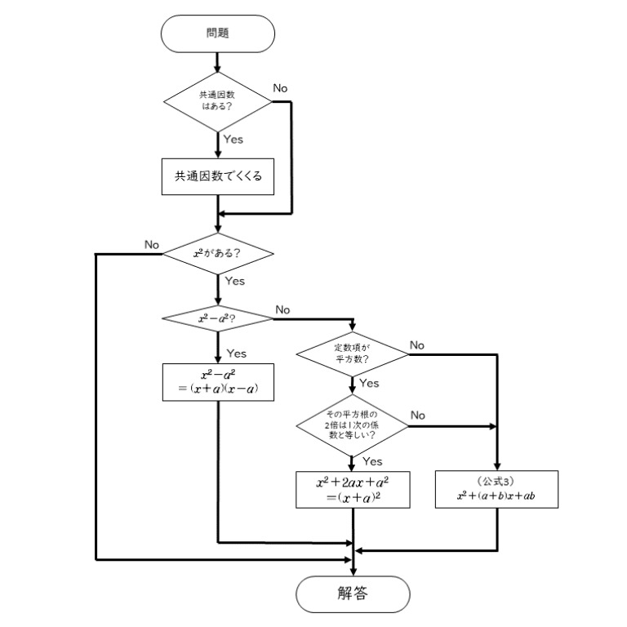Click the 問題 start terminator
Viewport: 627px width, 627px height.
217,34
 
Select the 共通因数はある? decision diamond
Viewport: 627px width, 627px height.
217,101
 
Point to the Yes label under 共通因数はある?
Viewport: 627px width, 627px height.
233,140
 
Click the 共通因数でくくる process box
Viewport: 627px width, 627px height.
217,176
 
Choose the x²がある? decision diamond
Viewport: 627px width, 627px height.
217,253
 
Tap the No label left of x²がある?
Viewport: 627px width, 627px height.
152,244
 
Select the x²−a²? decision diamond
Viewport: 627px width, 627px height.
217,318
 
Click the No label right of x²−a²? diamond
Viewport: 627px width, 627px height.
283,309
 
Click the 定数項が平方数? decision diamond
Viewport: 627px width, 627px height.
352,354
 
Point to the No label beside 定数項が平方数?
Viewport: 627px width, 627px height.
417,345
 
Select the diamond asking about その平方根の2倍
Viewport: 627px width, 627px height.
352,425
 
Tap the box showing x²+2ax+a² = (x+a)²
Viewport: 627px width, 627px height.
352,490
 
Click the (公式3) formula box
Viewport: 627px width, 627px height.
497,490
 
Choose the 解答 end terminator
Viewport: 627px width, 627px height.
352,594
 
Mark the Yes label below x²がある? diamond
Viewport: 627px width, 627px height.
234,281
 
